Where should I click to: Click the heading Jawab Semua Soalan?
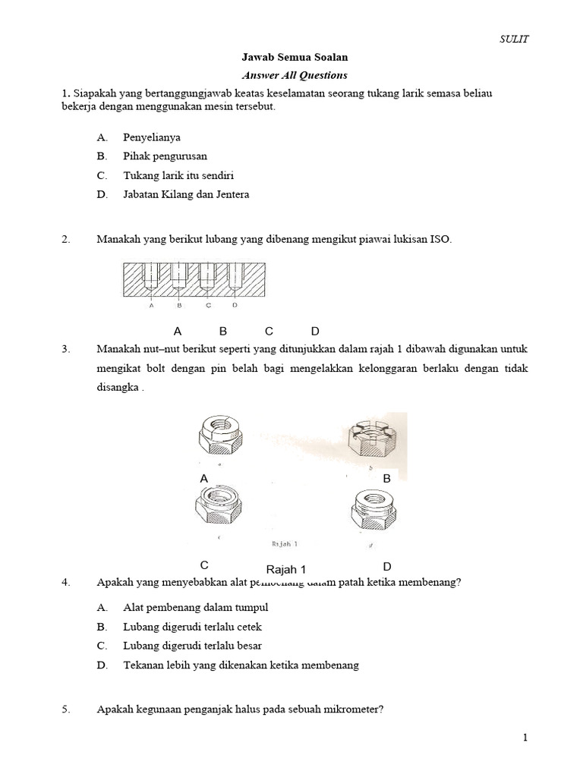coord(295,58)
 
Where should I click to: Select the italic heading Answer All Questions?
coord(295,75)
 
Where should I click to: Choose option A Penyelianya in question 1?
coord(152,137)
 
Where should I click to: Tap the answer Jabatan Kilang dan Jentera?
coord(186,194)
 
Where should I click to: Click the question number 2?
coord(66,239)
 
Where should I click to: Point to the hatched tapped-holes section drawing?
coord(193,279)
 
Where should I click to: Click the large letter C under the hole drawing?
coord(269,331)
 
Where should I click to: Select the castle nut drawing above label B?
coord(371,439)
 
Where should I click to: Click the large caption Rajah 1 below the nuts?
coord(286,570)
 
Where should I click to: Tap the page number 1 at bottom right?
coord(524,738)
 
